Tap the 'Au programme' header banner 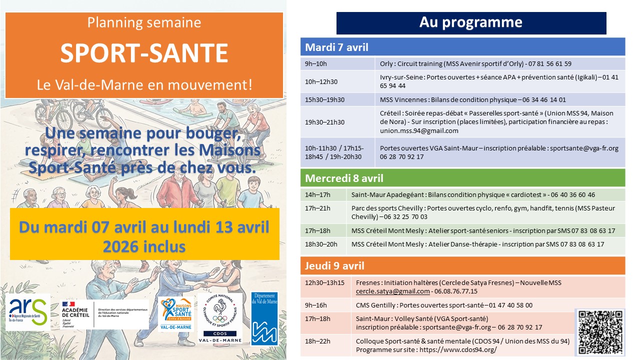pos(471,22)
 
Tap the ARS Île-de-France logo pos(28,312)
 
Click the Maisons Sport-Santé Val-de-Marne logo pos(176,314)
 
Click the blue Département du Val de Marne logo pos(264,318)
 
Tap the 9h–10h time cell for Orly pos(316,63)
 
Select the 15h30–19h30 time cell pos(324,99)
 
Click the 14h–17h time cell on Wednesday pos(317,194)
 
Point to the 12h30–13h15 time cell pos(324,282)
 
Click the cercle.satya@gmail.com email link pos(392,291)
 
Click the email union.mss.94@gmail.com pos(419,131)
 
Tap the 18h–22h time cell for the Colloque pos(317,341)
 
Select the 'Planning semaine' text pos(144,22)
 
